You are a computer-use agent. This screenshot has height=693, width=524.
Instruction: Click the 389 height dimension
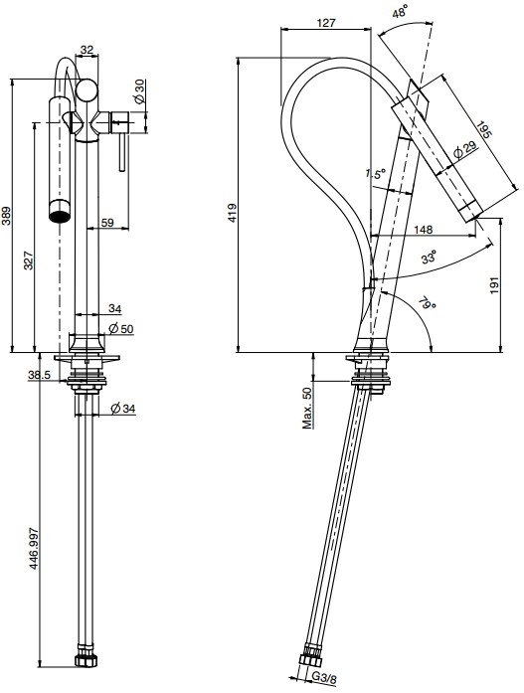(7, 216)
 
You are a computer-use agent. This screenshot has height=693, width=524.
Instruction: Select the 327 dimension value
(28, 261)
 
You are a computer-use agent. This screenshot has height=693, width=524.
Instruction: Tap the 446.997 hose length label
(34, 548)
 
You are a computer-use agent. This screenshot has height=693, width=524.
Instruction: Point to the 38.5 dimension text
(40, 375)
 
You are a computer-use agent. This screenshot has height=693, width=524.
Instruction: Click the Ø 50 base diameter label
(120, 329)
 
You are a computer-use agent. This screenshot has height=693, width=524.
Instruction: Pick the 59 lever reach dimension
(107, 223)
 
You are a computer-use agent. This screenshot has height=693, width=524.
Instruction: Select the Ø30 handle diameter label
(138, 91)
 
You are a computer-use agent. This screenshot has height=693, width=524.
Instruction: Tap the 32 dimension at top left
(87, 50)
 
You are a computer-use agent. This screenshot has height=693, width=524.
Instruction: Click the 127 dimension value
(326, 23)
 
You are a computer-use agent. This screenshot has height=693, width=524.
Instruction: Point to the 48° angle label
(399, 13)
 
